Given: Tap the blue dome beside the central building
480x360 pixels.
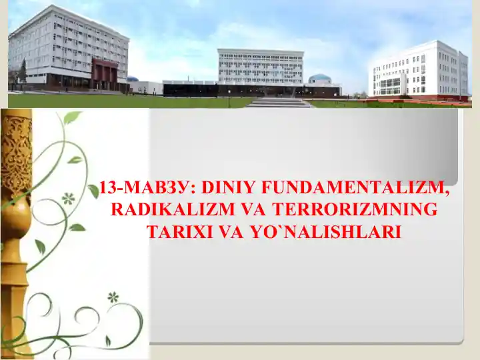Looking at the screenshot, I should click(320, 78).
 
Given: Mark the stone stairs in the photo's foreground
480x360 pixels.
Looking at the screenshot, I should click(279, 103).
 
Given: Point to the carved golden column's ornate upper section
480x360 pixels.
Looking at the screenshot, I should click(16, 153).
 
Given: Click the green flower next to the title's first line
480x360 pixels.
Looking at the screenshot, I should click(67, 198).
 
